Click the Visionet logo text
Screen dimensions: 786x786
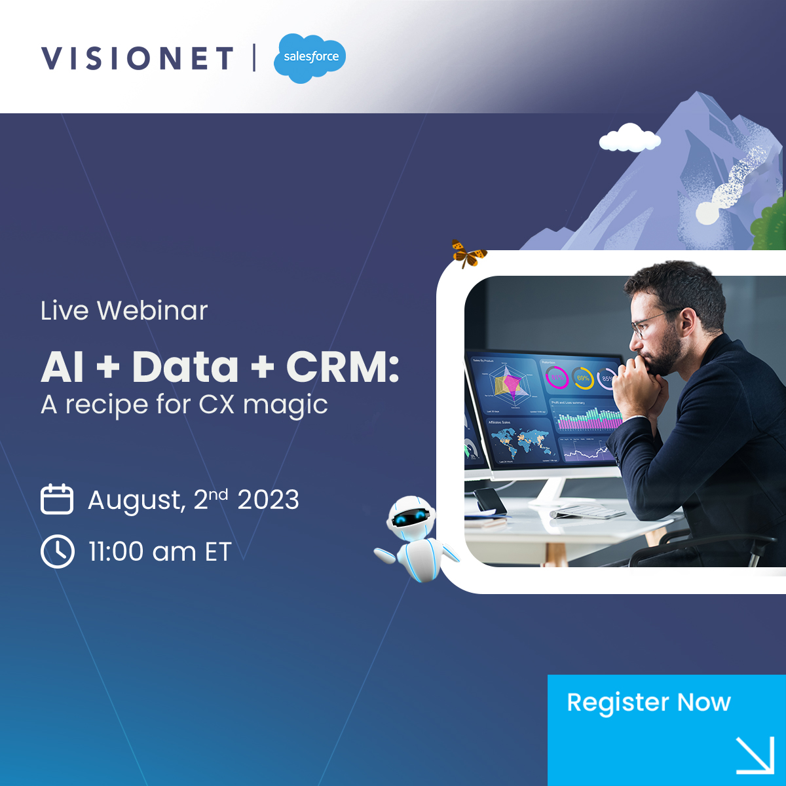(x=137, y=58)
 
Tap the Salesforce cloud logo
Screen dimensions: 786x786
(x=309, y=58)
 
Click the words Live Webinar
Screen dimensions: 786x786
(x=124, y=310)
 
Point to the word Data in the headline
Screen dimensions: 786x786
(x=185, y=367)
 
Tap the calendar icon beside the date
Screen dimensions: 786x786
(x=57, y=499)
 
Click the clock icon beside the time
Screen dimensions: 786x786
(x=57, y=551)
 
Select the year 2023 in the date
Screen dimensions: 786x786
(x=268, y=500)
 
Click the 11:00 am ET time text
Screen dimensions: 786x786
(x=160, y=552)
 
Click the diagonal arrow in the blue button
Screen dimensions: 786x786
(x=755, y=755)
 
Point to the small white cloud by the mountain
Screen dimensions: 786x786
(x=629, y=138)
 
